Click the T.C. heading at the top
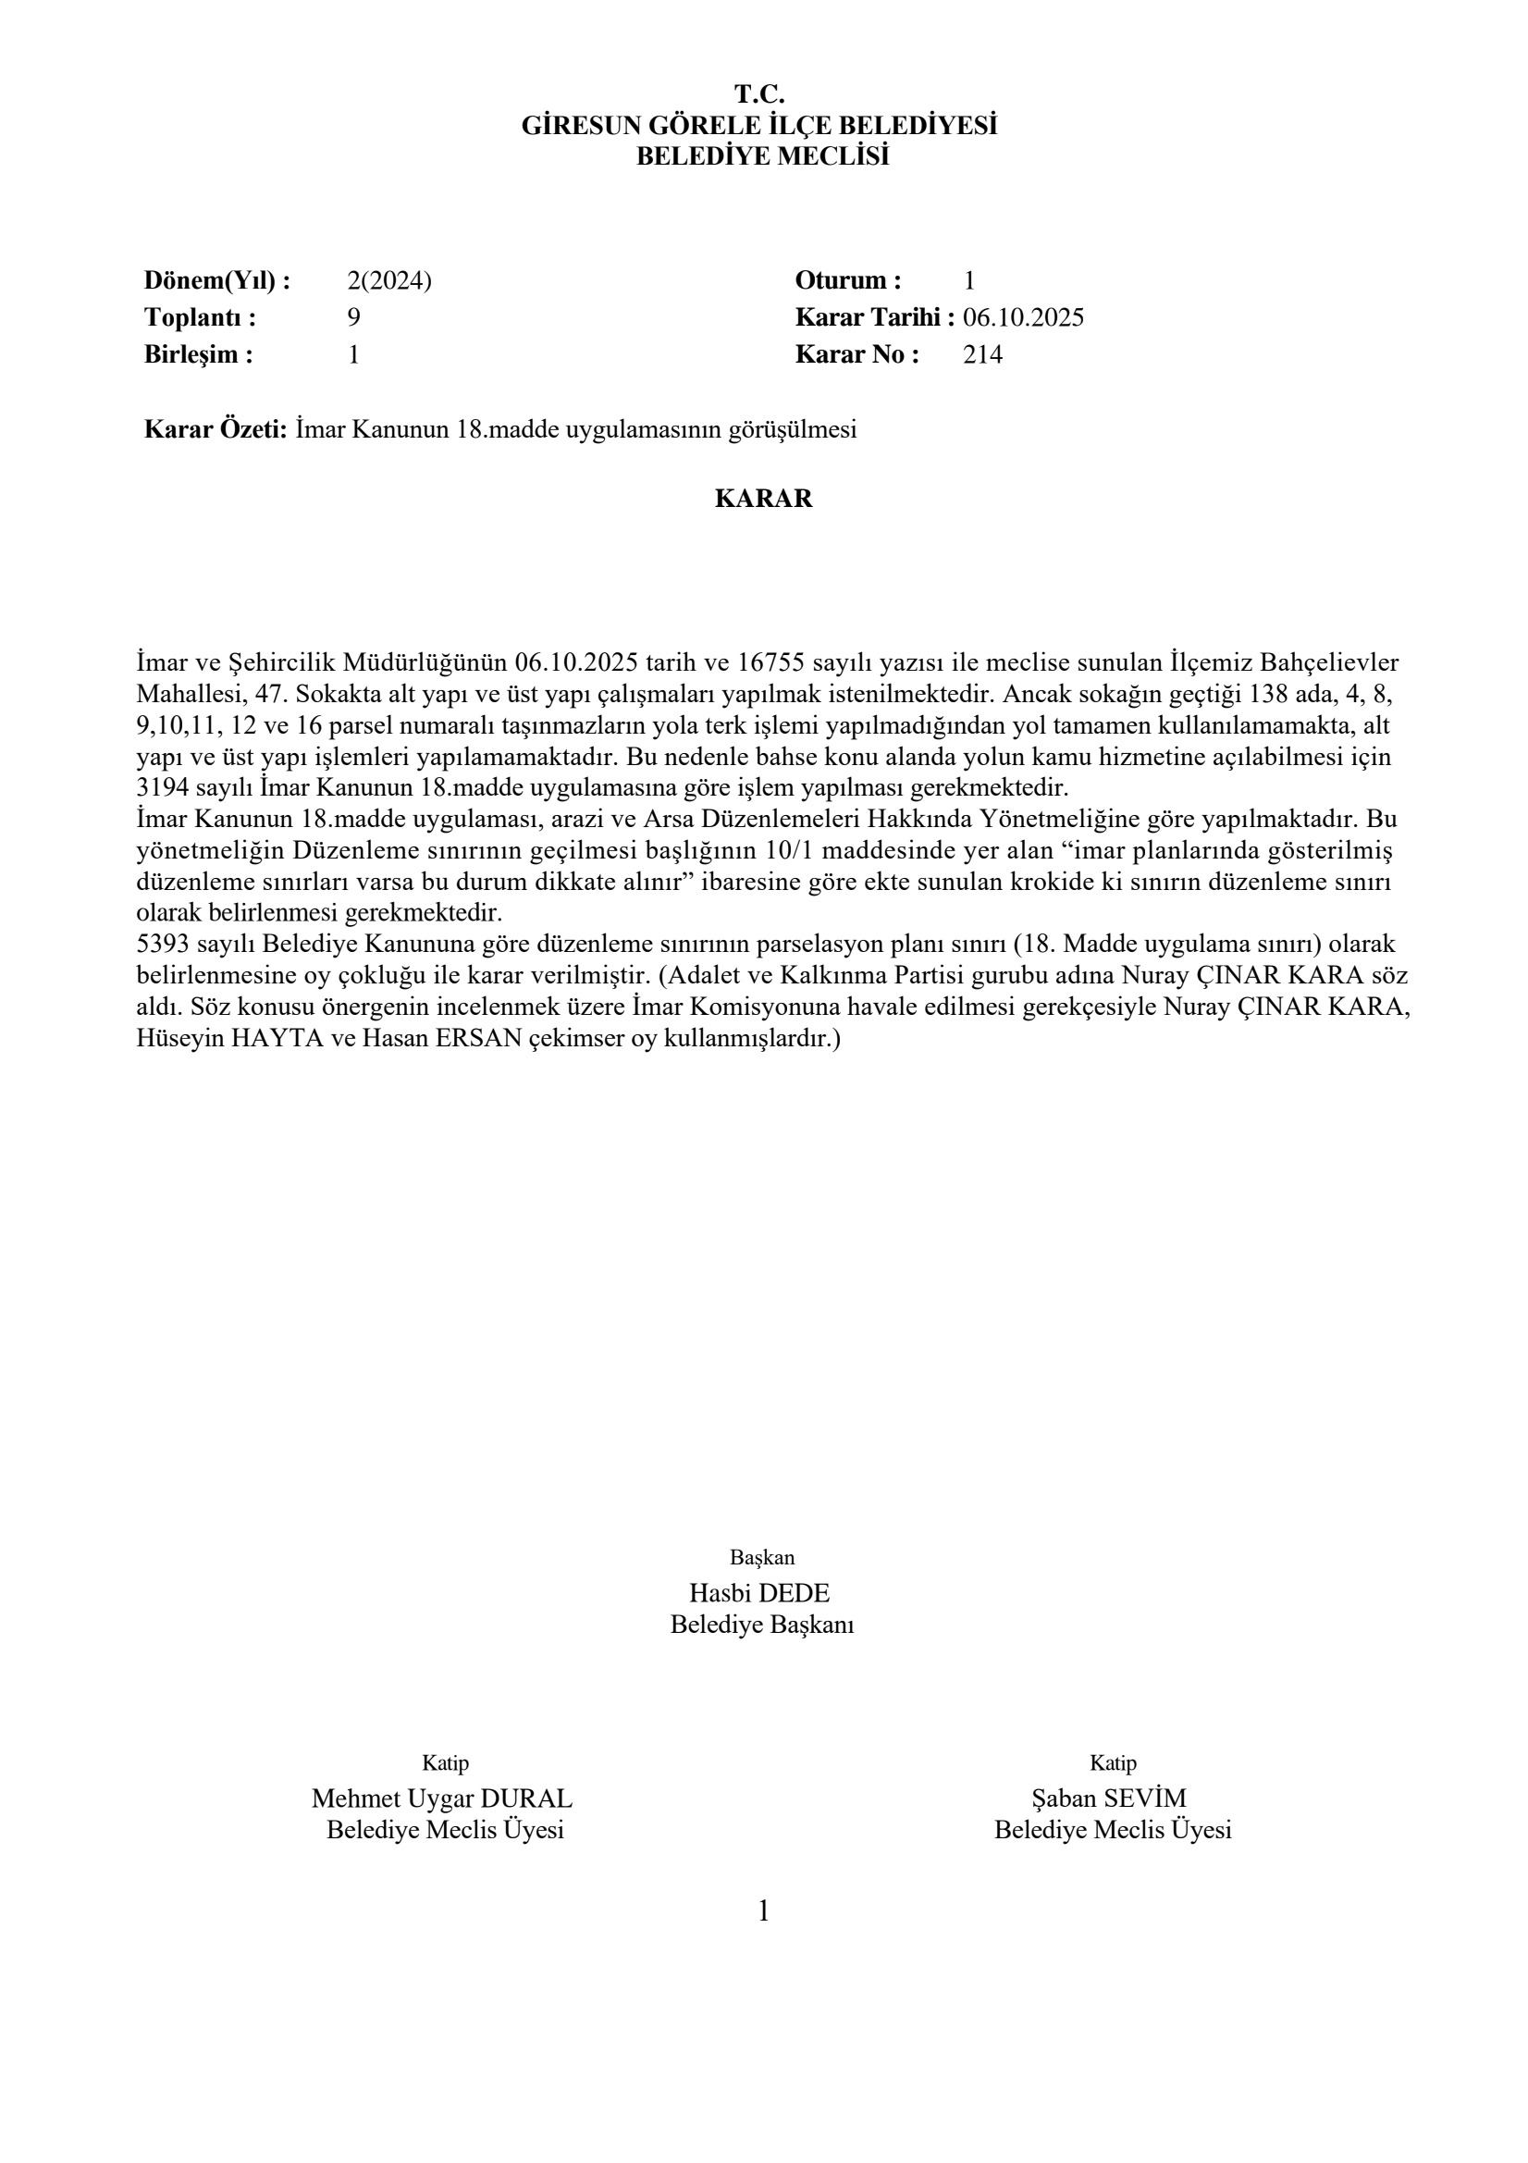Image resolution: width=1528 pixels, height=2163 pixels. [759, 94]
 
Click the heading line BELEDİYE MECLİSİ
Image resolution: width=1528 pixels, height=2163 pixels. [762, 156]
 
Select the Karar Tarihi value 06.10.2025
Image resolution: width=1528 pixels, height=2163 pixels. [1023, 317]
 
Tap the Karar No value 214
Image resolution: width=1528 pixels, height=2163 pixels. [982, 355]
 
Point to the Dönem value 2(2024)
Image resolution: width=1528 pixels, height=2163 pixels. [389, 280]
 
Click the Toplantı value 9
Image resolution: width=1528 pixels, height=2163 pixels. [353, 317]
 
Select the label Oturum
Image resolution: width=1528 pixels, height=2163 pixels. [847, 280]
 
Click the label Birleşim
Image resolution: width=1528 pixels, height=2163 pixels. [198, 355]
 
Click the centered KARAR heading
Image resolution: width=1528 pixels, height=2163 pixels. [763, 499]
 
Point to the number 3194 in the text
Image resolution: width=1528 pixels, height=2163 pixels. [163, 787]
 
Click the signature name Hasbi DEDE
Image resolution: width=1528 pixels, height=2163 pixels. [759, 1593]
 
